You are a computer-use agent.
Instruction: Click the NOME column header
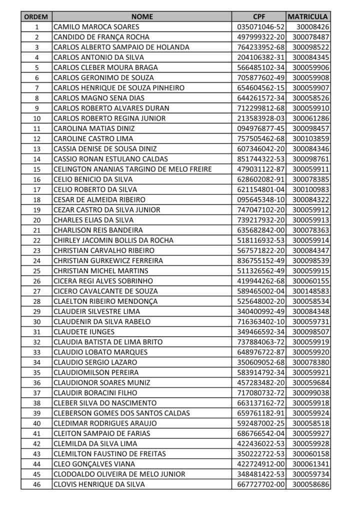click(x=141, y=16)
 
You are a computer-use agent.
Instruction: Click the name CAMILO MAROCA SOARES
click(x=96, y=26)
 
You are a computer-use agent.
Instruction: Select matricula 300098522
click(x=310, y=47)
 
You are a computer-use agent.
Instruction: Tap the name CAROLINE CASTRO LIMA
click(x=93, y=138)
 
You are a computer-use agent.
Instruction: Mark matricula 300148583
click(x=310, y=291)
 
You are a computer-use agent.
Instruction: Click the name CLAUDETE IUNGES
click(x=84, y=331)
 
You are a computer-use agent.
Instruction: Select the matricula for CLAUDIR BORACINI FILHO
click(x=310, y=392)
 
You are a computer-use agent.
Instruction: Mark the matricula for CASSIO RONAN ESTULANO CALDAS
click(x=310, y=159)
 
